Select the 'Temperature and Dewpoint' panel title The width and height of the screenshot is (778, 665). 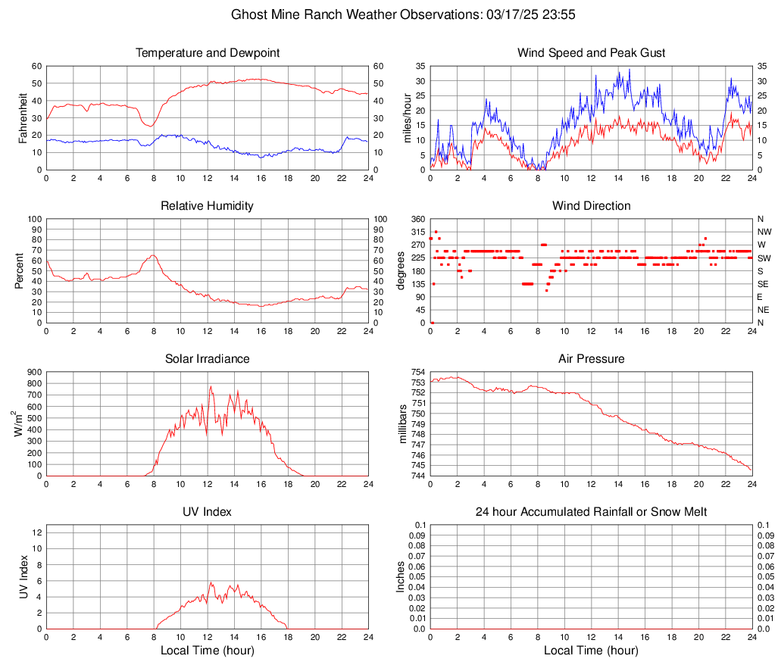pos(208,53)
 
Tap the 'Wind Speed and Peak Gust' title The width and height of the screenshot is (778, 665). pos(592,53)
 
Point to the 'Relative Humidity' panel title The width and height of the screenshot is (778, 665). pos(208,206)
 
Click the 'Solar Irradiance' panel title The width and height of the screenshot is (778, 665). pos(208,359)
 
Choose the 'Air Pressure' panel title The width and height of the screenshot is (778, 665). pos(592,359)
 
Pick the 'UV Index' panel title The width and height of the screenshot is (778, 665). pos(208,512)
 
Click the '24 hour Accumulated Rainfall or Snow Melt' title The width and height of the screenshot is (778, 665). pos(592,512)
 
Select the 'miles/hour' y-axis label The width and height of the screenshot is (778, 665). pos(406,117)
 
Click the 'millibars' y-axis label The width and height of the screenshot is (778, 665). pos(403,424)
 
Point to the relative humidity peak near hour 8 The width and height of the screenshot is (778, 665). pos(153,255)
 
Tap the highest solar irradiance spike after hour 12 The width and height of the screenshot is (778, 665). pos(211,386)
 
